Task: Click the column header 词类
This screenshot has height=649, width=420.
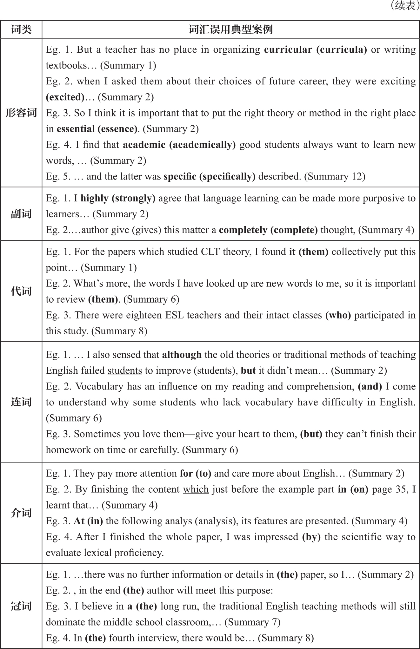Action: click(x=21, y=30)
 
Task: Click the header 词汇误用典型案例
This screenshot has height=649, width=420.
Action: click(x=230, y=30)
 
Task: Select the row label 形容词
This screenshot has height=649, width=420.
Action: click(x=21, y=113)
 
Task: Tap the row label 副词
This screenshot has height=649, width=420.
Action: click(x=21, y=214)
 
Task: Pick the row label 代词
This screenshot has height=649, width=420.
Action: click(x=21, y=291)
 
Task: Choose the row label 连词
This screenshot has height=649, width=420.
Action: click(x=21, y=402)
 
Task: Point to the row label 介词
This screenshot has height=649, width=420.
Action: click(x=21, y=513)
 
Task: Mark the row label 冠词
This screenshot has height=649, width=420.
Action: click(x=21, y=606)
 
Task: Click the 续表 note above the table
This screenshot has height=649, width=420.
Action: click(x=403, y=6)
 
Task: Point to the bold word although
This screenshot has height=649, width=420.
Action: click(x=182, y=355)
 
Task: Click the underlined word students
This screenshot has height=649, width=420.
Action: click(x=125, y=370)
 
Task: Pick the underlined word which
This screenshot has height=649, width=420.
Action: click(x=196, y=489)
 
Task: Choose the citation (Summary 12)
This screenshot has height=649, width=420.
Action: click(x=335, y=176)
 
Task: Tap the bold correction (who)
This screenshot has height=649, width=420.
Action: click(x=338, y=315)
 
